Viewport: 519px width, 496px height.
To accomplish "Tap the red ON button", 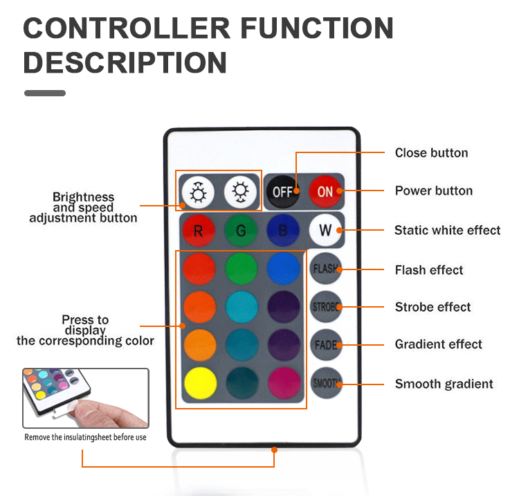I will tap(325, 191).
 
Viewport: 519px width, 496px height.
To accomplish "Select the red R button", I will tap(199, 230).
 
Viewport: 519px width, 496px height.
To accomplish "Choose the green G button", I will tap(241, 230).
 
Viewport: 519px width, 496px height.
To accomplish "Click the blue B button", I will tap(282, 230).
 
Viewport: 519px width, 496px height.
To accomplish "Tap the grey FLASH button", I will tap(325, 269).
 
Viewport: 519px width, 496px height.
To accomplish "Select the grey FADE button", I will tap(325, 344).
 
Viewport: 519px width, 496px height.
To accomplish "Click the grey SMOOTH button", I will tap(325, 382).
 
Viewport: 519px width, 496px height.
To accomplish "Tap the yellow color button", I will tap(199, 383).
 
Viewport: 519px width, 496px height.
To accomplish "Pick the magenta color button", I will tap(282, 383).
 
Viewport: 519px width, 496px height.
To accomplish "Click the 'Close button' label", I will tap(431, 153).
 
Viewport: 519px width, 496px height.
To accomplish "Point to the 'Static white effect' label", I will tap(447, 230).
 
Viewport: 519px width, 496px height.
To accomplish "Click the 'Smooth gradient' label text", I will tap(444, 384).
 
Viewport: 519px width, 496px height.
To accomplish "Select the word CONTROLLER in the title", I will tap(127, 28).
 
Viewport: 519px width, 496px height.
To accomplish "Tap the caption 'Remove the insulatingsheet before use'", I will tap(85, 437).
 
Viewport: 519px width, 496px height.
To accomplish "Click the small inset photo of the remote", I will tap(85, 398).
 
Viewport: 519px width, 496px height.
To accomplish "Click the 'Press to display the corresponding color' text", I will tap(85, 330).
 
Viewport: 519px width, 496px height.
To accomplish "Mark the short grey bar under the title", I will tap(45, 93).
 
